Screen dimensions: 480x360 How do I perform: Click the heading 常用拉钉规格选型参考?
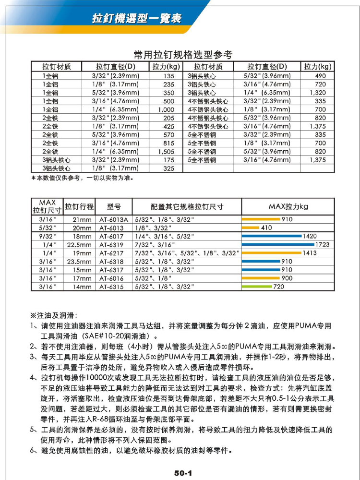(x=182, y=54)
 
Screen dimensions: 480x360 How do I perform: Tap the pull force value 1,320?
(x=317, y=93)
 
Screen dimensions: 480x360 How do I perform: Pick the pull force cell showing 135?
(x=168, y=76)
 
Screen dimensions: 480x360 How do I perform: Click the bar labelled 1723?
(x=278, y=244)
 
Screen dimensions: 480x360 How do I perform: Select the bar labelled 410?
(x=250, y=228)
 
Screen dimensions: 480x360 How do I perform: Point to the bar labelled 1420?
(x=272, y=236)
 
